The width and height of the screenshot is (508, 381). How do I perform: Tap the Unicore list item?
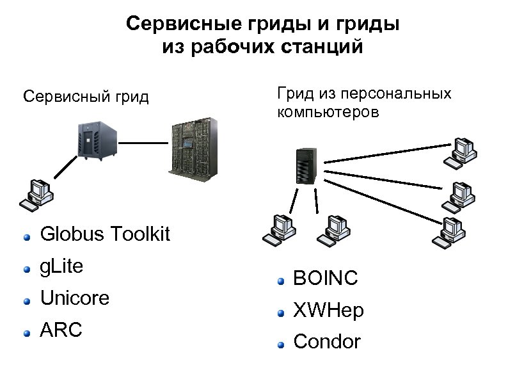(x=74, y=298)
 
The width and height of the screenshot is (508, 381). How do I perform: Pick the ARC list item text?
(x=61, y=331)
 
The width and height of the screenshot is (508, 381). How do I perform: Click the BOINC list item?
(x=325, y=279)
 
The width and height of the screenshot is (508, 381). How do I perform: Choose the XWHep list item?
(x=328, y=311)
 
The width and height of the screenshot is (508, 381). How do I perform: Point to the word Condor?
(x=327, y=342)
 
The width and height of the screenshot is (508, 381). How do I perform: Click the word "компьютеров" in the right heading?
(x=328, y=113)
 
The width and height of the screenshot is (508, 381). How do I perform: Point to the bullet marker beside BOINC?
(x=280, y=280)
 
